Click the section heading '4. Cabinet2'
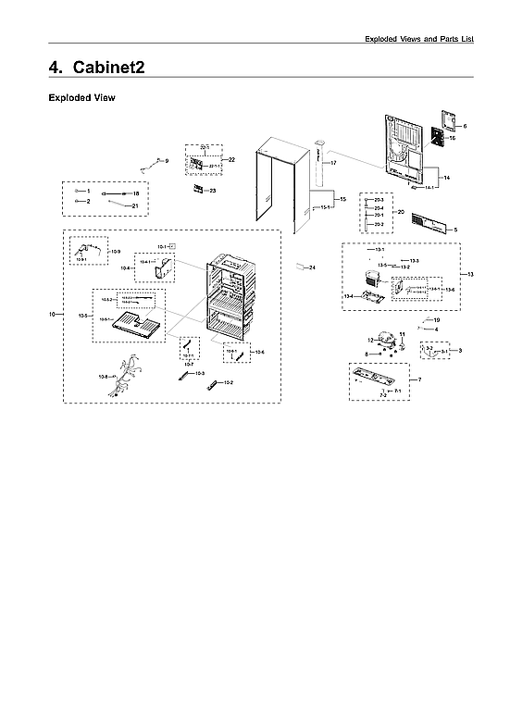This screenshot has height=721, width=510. pos(95,68)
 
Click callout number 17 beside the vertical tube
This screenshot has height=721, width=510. pos(332,163)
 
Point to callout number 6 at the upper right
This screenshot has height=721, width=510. pos(465,126)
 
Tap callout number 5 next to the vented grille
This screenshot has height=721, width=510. pos(454,228)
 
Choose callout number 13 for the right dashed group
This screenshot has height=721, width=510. pos(471,275)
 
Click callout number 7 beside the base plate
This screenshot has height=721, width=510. pos(419,380)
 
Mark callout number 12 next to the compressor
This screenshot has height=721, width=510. pos(369,342)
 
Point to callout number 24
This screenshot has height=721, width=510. pos(313,267)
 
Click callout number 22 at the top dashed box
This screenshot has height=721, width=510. pos(231,160)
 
